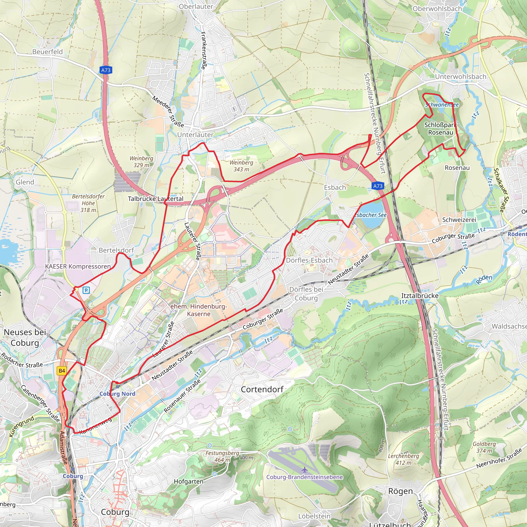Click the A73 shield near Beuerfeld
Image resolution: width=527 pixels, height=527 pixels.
tap(106, 70)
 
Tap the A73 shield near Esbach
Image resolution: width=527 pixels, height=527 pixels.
tap(377, 186)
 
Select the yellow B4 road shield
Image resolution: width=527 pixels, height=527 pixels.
tap(62, 371)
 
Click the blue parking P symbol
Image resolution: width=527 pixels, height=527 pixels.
tap(86, 290)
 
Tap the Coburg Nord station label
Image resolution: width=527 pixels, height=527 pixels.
tap(117, 394)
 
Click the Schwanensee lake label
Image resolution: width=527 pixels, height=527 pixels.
tap(442, 105)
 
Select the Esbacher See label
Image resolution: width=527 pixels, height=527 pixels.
tap(371, 215)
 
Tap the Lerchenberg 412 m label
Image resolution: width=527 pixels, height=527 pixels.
tap(403, 459)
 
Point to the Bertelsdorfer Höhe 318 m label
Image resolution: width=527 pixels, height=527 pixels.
tap(88, 203)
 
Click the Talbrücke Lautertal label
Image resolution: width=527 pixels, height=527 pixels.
tap(155, 199)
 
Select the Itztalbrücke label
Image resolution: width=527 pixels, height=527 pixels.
tap(420, 296)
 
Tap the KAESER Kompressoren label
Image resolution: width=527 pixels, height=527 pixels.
tap(78, 267)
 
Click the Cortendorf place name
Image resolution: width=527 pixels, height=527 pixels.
tap(262, 390)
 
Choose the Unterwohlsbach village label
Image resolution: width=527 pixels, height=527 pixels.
tap(460, 77)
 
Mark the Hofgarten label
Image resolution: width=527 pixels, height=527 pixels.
tap(188, 481)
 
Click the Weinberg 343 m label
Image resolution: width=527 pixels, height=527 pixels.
tap(241, 166)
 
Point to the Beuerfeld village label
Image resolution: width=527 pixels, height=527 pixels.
tap(47, 52)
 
